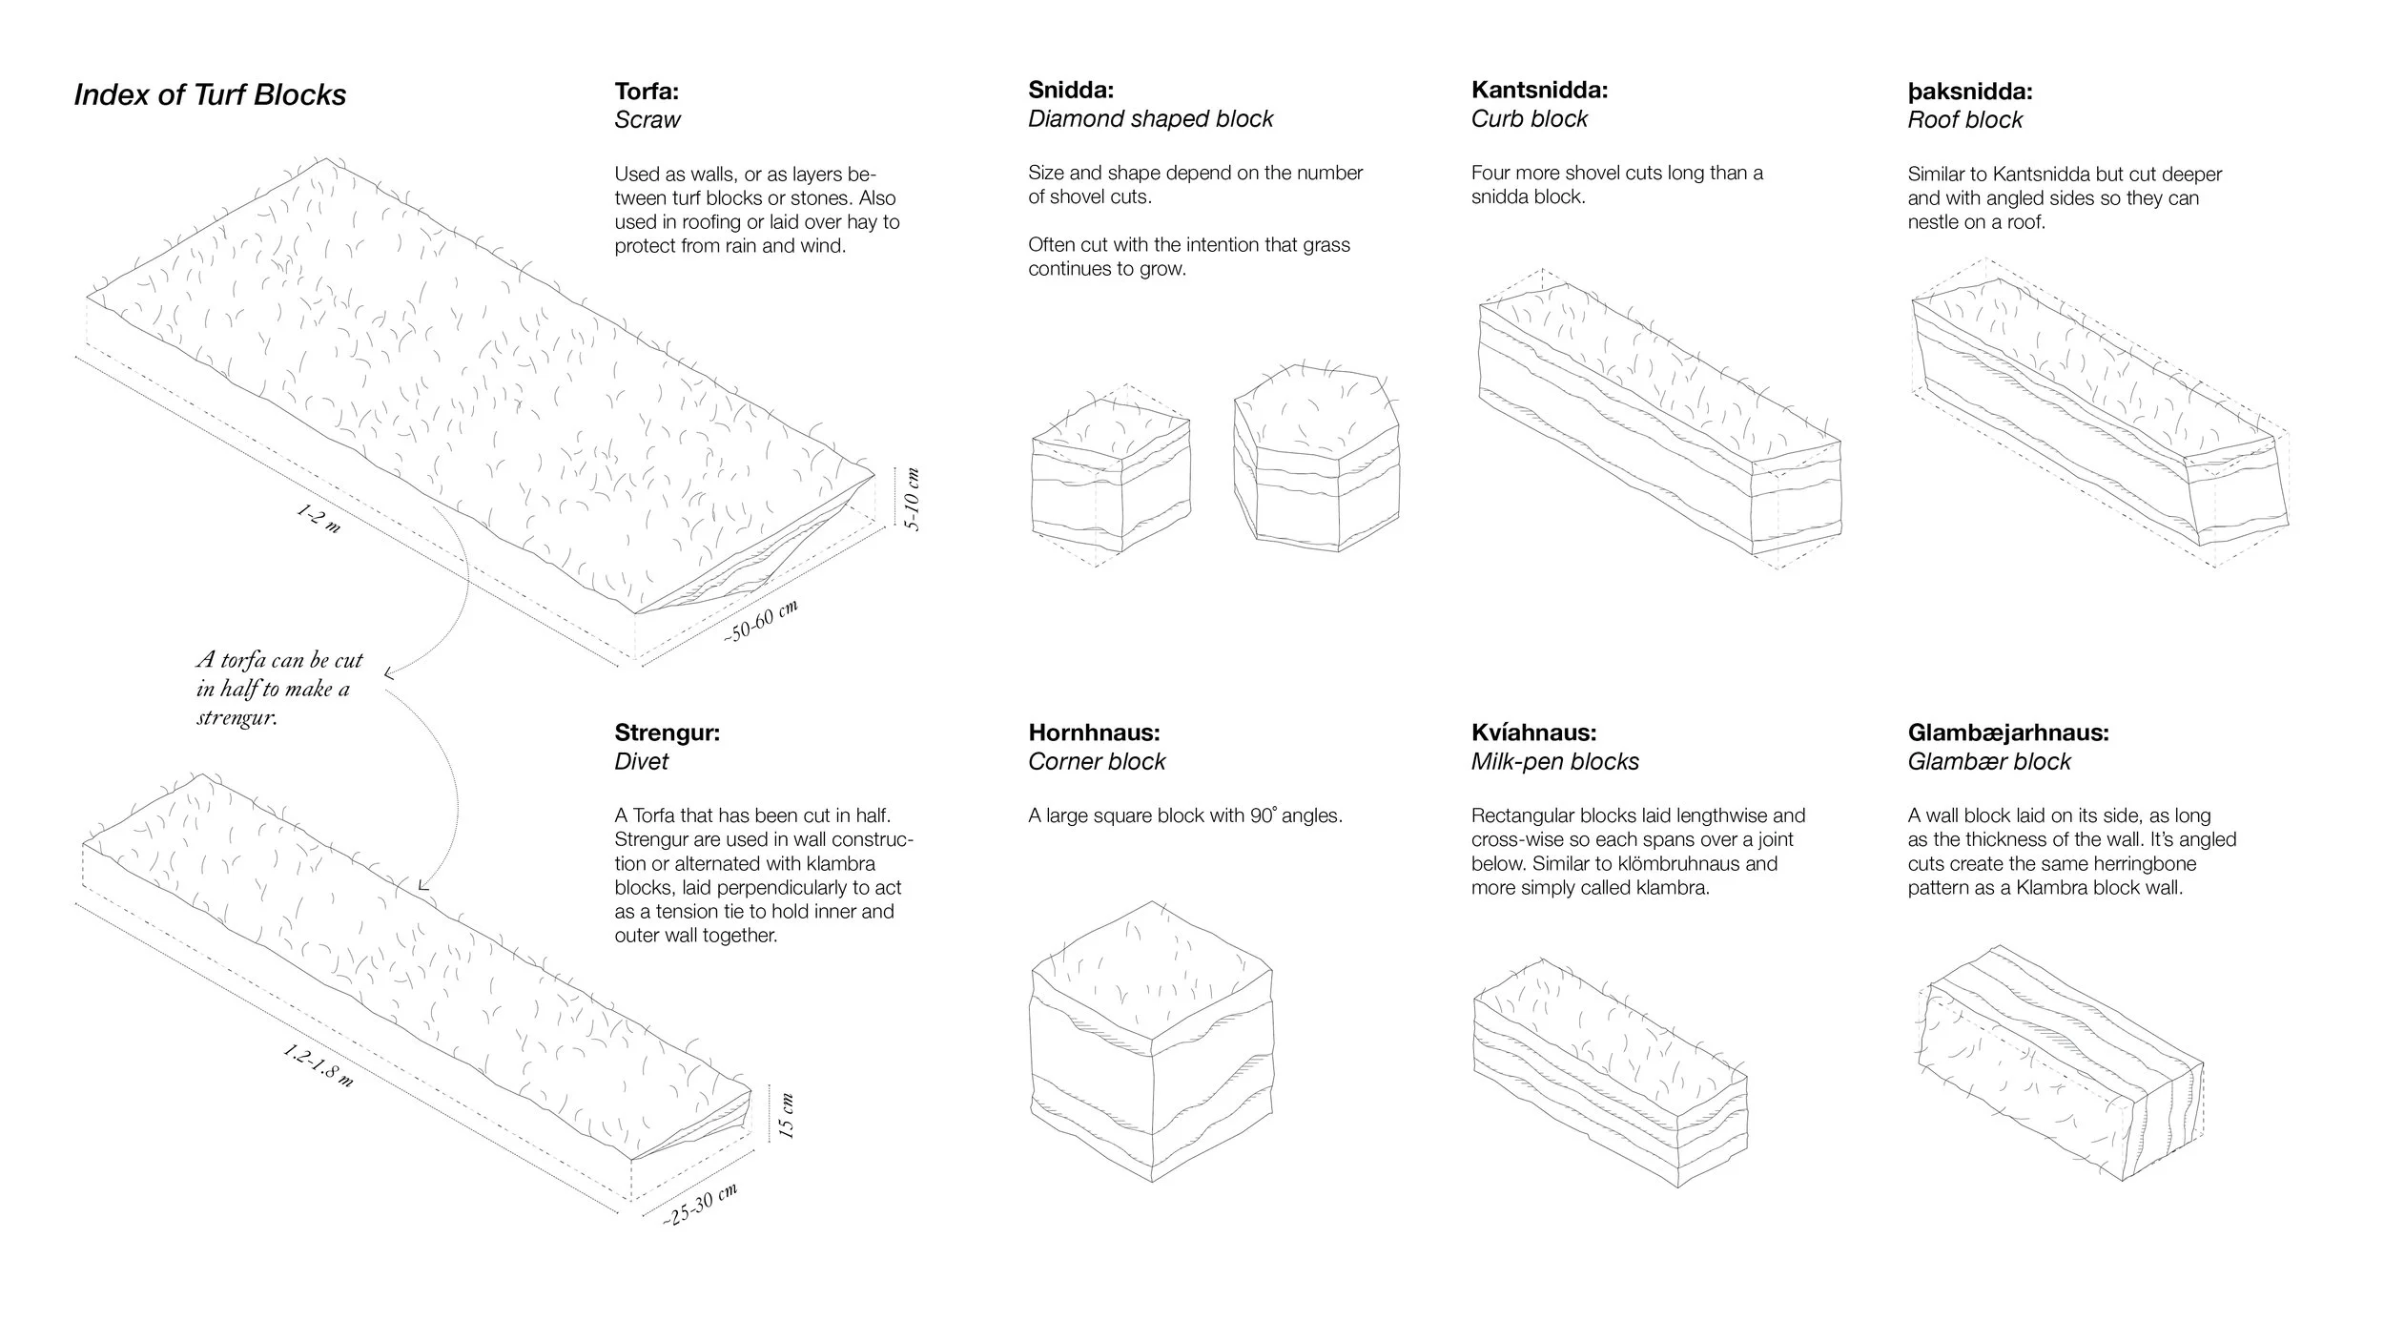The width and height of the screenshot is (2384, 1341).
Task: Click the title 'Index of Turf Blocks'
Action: [210, 95]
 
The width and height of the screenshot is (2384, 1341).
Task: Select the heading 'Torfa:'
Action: [647, 92]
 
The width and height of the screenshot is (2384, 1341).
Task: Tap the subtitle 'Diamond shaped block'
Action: [1150, 119]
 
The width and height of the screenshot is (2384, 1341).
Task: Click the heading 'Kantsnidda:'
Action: [1539, 91]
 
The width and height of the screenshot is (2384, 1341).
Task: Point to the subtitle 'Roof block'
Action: [1964, 120]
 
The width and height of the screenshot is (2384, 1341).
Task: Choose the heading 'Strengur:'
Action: [667, 732]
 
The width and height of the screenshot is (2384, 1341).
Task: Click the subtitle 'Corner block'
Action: [1096, 762]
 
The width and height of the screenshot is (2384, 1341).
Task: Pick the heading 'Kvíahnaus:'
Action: [1533, 732]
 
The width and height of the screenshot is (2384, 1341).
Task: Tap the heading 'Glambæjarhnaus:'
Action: [2008, 732]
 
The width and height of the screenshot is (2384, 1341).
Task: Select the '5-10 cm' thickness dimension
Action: [913, 500]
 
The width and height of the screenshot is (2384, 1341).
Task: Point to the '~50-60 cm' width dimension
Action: [760, 621]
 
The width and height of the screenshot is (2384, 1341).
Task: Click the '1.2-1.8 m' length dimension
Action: [319, 1066]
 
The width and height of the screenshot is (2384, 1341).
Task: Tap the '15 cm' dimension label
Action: [786, 1116]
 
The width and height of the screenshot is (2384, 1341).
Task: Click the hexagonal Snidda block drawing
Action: [1317, 458]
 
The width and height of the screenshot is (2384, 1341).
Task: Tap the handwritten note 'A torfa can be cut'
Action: [279, 660]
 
